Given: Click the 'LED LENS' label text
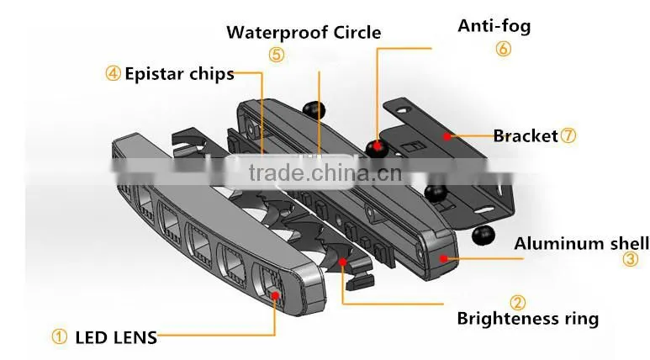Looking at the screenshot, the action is [116, 337].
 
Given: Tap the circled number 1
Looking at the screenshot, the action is [59, 336].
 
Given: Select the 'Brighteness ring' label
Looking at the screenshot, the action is [528, 319].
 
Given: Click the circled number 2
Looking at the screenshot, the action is [517, 302].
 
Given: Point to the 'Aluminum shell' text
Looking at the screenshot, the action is [582, 243].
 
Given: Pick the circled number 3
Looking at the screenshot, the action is [630, 259].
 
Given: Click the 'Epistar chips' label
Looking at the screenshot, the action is [179, 74].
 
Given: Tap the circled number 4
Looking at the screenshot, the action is [113, 73].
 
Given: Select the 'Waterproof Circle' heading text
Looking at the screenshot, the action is [304, 32].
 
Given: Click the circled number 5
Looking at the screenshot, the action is [277, 55].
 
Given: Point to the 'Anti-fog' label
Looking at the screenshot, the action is [494, 26].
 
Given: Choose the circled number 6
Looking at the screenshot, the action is [503, 49].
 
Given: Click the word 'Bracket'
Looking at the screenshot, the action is [526, 136].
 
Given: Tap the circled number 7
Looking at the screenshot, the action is [568, 135].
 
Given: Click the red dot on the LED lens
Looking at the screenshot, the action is [274, 295].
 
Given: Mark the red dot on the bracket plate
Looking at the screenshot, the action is [447, 136].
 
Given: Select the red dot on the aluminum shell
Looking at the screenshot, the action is [443, 259].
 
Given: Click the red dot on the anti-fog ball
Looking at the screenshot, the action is [377, 146].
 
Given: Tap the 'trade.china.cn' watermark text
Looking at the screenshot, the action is [325, 172].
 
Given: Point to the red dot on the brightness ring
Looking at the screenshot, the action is [342, 262].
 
